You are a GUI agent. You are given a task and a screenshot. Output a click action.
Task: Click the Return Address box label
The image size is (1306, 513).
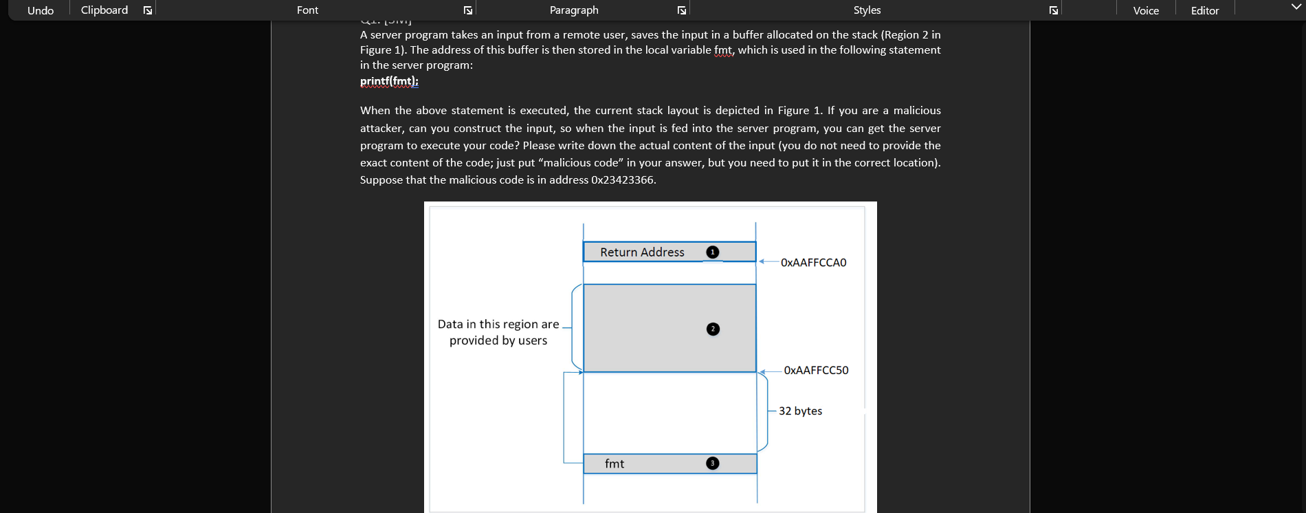click(642, 252)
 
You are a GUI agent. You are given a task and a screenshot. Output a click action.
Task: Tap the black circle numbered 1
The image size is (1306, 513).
click(713, 252)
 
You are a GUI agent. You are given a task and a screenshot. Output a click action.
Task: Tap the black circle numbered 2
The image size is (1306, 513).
click(713, 329)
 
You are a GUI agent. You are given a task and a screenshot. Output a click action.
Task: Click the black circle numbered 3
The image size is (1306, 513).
click(713, 463)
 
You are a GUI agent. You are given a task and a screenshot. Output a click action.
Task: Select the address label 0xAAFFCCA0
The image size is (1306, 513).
click(813, 263)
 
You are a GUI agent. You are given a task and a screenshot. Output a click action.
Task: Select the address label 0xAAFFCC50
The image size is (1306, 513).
click(816, 370)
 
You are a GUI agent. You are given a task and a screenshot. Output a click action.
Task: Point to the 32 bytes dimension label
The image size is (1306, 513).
click(800, 411)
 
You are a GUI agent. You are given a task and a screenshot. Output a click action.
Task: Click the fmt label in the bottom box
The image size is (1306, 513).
click(615, 464)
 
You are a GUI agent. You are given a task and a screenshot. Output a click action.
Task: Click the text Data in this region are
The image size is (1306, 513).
click(498, 324)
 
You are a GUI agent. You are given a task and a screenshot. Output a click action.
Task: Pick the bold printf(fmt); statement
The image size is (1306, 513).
click(389, 81)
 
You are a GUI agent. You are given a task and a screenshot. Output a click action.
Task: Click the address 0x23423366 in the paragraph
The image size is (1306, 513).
click(623, 180)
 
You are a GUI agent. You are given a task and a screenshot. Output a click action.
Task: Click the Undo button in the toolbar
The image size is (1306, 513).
click(41, 10)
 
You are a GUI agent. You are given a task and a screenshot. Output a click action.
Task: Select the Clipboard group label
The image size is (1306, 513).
click(104, 10)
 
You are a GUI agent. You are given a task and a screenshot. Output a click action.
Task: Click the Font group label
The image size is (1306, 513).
click(307, 10)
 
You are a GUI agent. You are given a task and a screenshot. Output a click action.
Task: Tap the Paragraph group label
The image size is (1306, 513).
click(574, 10)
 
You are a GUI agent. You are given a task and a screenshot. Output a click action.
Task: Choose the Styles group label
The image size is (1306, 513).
click(867, 10)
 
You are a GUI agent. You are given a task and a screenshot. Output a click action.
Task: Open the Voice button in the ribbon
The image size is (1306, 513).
click(1146, 10)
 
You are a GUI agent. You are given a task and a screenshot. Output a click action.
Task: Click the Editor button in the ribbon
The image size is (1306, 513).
click(1205, 10)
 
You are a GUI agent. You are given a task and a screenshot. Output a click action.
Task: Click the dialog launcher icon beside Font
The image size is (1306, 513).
click(468, 10)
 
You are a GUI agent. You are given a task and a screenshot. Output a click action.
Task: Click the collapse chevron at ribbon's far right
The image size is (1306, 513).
click(1296, 7)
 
